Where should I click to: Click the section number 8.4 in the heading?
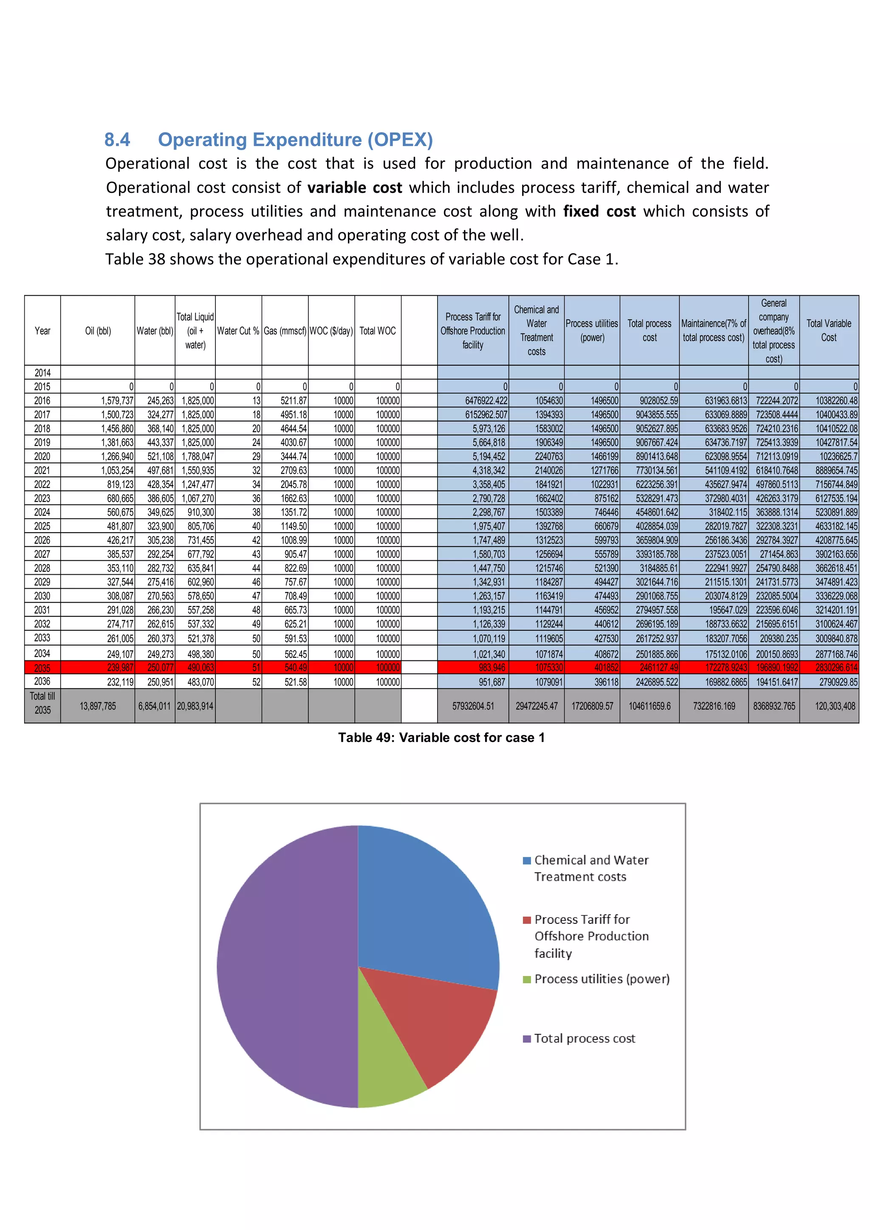[117, 140]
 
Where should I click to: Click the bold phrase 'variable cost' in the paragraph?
[355, 187]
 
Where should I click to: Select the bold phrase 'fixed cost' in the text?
[599, 211]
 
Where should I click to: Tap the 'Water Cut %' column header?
[238, 331]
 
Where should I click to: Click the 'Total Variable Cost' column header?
[829, 330]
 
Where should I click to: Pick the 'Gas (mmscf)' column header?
[285, 331]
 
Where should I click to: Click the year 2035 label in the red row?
[42, 668]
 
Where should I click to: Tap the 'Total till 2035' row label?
[42, 703]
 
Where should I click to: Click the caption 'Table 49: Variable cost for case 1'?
[441, 738]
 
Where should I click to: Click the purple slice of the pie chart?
[284, 970]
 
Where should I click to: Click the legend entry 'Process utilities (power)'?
[601, 979]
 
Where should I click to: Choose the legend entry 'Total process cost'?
[584, 1038]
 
